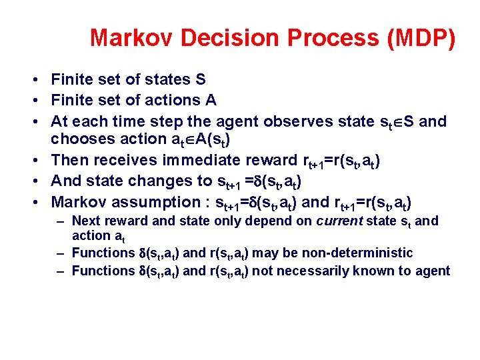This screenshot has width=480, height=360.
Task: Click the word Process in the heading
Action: (319, 38)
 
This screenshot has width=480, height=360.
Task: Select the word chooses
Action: (79, 139)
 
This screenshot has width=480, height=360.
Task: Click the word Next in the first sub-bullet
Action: (84, 221)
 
